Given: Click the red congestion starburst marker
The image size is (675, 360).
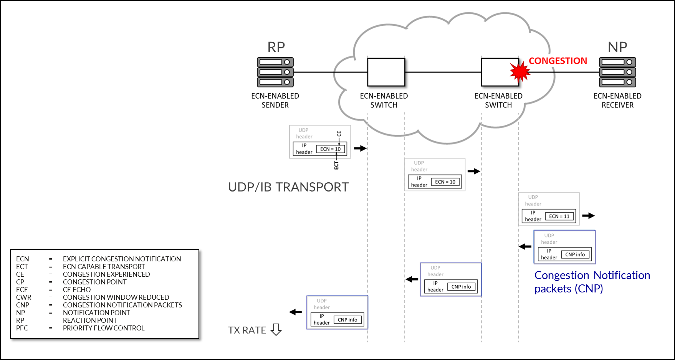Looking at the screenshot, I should pyautogui.click(x=520, y=72).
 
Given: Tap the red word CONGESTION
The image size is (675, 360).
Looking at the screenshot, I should pyautogui.click(x=558, y=61).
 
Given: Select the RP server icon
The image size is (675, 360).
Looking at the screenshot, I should pyautogui.click(x=275, y=72).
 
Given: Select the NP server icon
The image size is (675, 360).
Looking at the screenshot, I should pyautogui.click(x=617, y=72).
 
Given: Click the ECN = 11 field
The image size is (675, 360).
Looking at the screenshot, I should pyautogui.click(x=559, y=216).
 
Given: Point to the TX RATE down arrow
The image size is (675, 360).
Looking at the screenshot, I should pyautogui.click(x=276, y=330).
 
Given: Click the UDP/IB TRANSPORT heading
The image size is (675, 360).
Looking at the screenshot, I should pyautogui.click(x=288, y=187).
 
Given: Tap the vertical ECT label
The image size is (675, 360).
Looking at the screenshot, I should pyautogui.click(x=336, y=165).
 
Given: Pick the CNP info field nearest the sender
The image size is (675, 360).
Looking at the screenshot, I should pyautogui.click(x=347, y=320).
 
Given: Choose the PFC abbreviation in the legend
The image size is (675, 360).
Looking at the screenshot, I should pyautogui.click(x=22, y=328).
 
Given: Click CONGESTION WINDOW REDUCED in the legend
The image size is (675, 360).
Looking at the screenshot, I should pyautogui.click(x=116, y=297).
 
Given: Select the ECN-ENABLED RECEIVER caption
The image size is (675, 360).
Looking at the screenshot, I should pyautogui.click(x=617, y=101).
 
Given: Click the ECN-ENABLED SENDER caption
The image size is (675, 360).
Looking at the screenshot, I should pyautogui.click(x=275, y=101).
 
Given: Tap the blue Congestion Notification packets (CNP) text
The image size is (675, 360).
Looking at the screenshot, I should pyautogui.click(x=592, y=282).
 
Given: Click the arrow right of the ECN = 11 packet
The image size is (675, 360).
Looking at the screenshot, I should pyautogui.click(x=588, y=216).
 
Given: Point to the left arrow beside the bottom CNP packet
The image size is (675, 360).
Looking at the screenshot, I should pyautogui.click(x=296, y=312).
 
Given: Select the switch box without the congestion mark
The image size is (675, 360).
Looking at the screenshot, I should pyautogui.click(x=386, y=72).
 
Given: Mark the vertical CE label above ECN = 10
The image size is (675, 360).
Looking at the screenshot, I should pyautogui.click(x=339, y=134).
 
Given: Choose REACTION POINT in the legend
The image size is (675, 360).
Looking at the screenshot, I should pyautogui.click(x=90, y=320).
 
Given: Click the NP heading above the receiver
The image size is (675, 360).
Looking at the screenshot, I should pyautogui.click(x=617, y=47).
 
